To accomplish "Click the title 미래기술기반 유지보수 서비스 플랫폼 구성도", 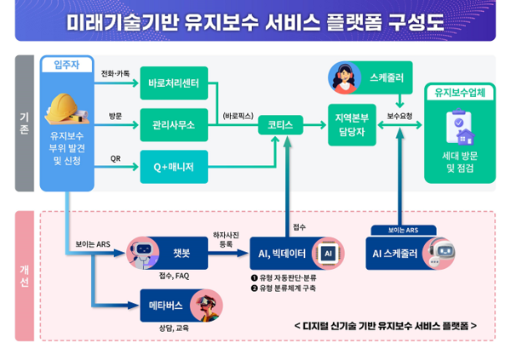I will pyautogui.click(x=255, y=21).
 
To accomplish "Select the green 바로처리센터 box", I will pyautogui.click(x=173, y=83).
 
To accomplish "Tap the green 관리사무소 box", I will pyautogui.click(x=173, y=124).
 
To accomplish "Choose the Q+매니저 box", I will pyautogui.click(x=173, y=166).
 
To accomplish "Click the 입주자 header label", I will pyautogui.click(x=66, y=65).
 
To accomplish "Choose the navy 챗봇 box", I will pyautogui.click(x=181, y=252).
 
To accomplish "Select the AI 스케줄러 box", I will pyautogui.click(x=399, y=253).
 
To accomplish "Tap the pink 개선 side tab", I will pyautogui.click(x=25, y=277).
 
